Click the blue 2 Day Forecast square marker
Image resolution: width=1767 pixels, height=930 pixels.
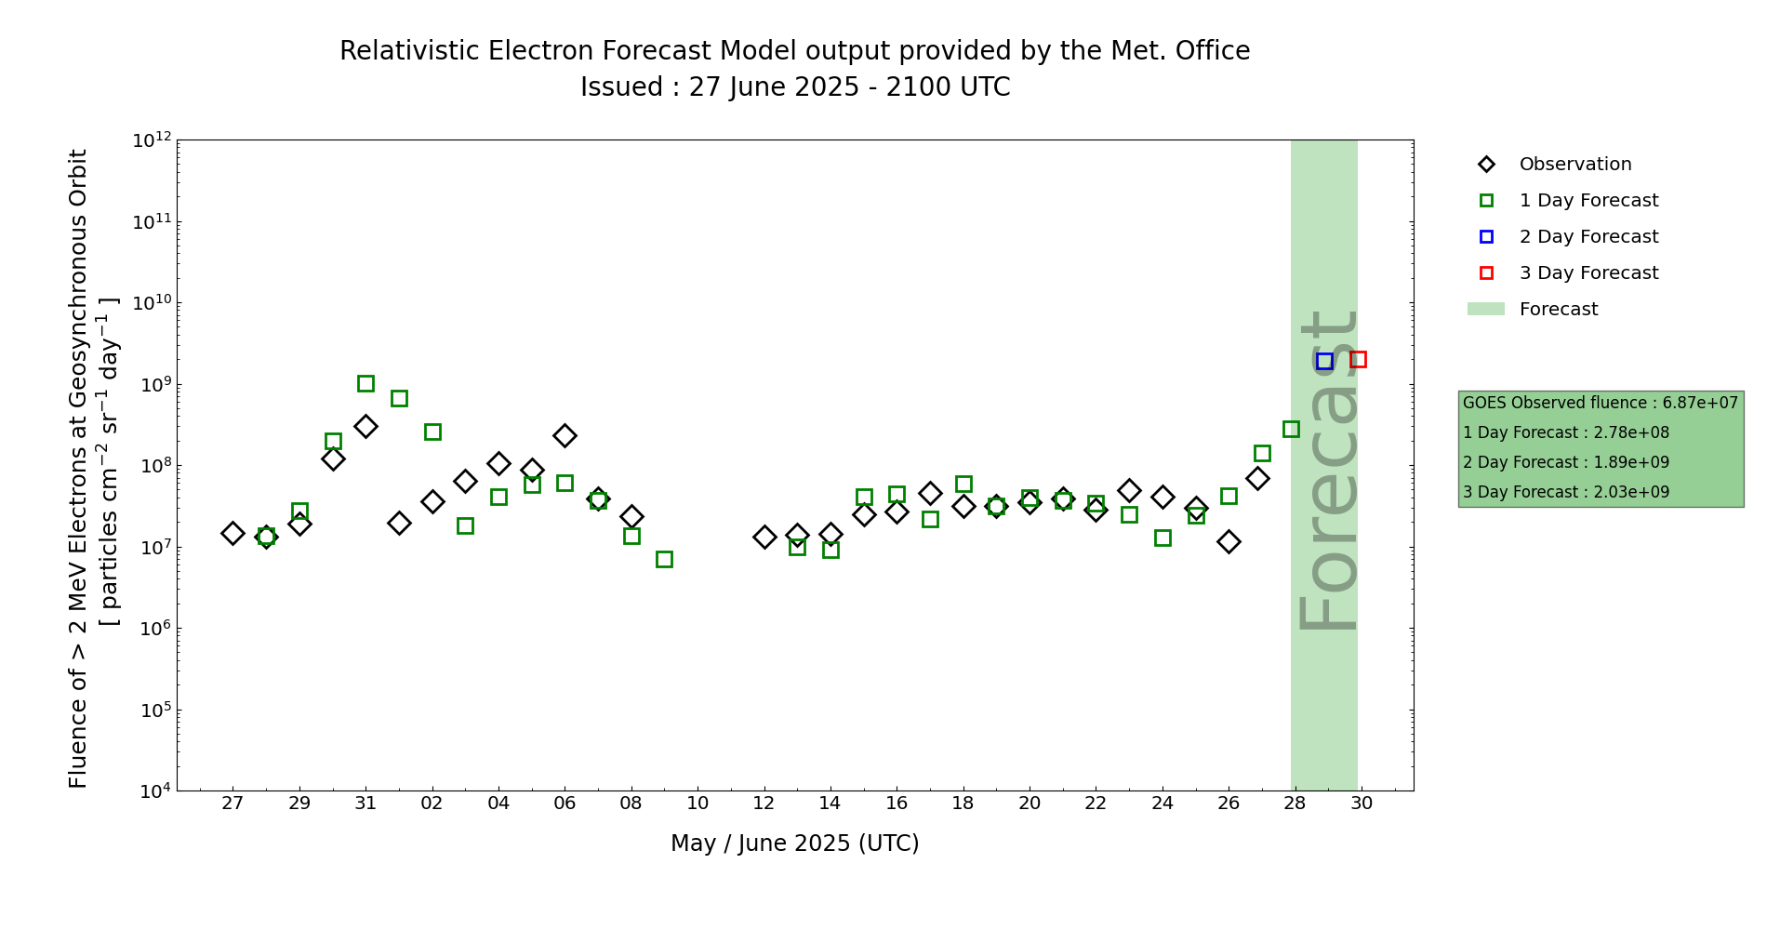coord(1324,362)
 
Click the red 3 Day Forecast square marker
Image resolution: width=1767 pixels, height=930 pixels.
coord(1358,359)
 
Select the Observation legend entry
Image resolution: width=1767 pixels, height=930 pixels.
coord(1554,165)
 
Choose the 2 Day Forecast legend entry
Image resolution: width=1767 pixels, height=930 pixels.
coord(1568,237)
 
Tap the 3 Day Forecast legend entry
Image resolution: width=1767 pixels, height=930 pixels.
coord(1568,273)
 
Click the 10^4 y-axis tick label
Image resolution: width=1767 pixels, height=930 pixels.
coord(153,790)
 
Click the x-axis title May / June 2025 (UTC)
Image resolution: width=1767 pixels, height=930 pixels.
coord(795,844)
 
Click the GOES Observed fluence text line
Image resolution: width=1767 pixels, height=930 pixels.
coord(1601,403)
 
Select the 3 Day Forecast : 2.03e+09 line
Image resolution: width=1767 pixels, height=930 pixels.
coord(1566,492)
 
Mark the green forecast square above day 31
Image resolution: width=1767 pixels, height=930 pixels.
coord(365,383)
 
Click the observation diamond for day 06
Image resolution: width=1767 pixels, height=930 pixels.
coord(565,435)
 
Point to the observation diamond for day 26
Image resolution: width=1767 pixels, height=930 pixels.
coord(1229,541)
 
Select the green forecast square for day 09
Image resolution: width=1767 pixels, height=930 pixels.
coord(664,559)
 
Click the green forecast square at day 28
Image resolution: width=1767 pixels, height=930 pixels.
coord(1291,429)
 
